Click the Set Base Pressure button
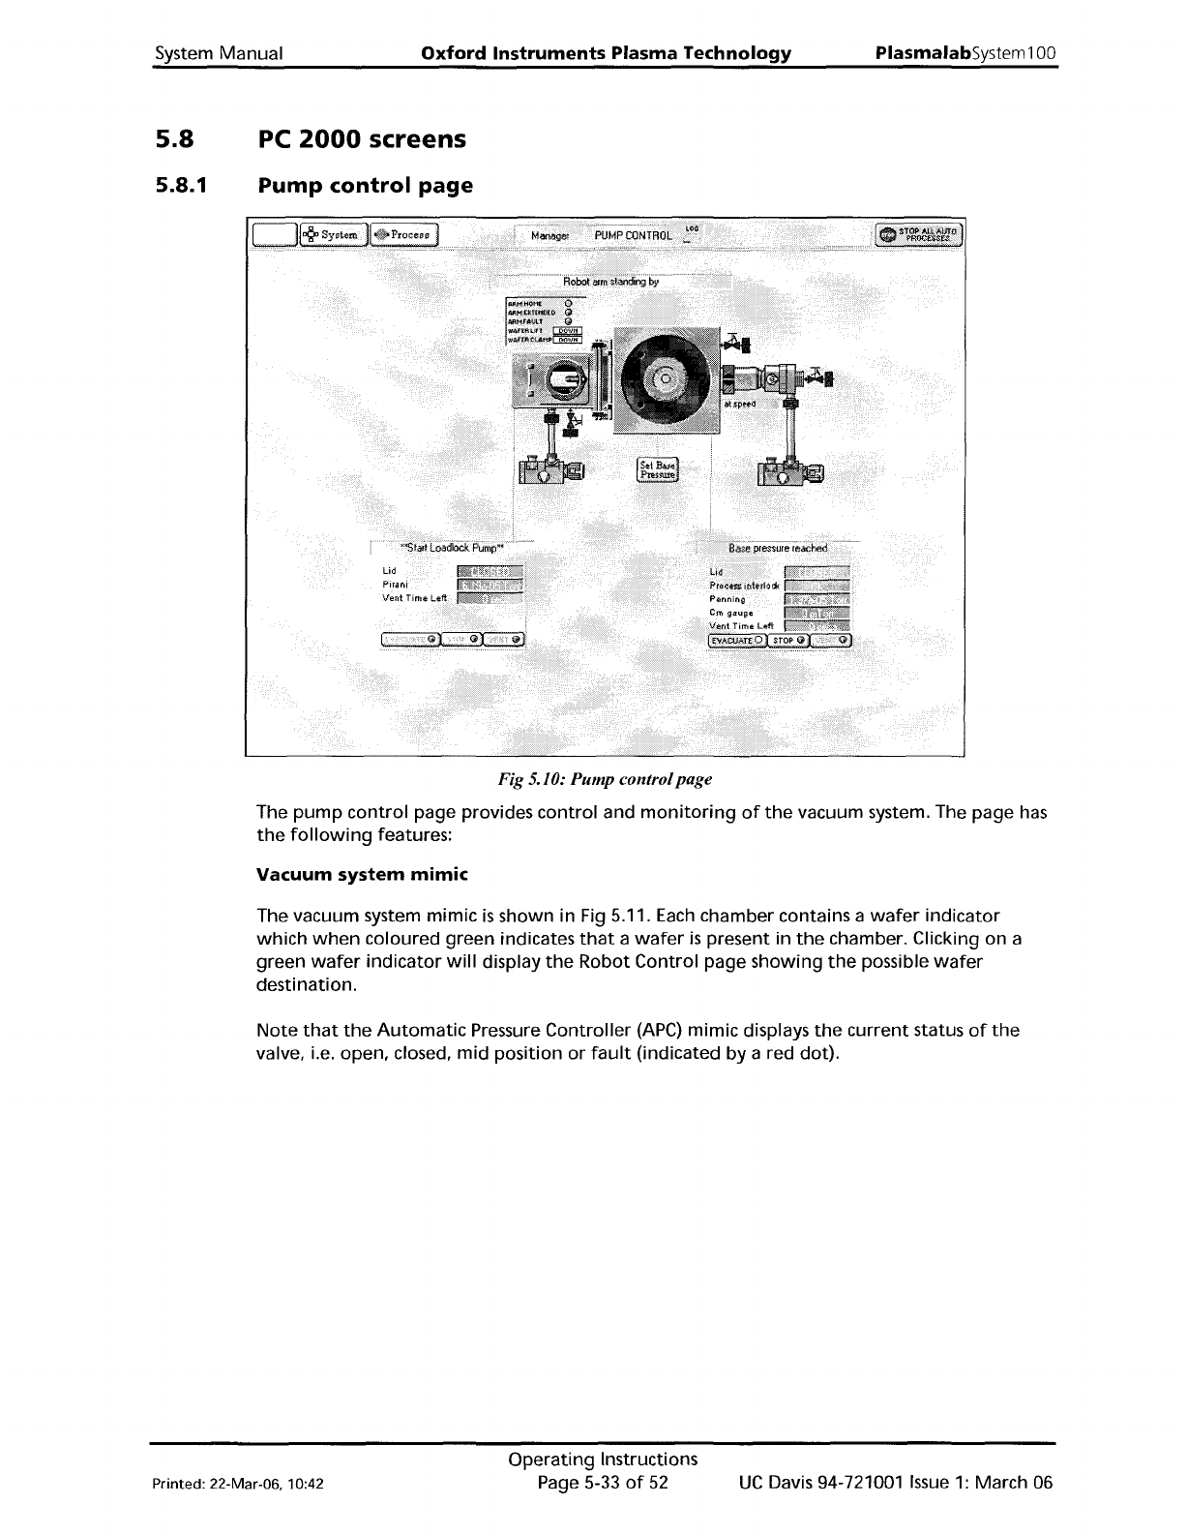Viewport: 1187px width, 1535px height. [657, 468]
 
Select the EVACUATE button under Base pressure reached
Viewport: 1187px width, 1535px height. [737, 640]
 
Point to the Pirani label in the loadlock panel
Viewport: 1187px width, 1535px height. [395, 585]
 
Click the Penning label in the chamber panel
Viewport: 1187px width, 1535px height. [727, 599]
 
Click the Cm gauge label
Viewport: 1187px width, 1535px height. [731, 613]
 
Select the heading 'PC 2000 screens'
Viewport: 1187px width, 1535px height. [361, 139]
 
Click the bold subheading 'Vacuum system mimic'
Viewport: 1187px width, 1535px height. [362, 875]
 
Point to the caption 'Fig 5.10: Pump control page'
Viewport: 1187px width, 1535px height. [605, 779]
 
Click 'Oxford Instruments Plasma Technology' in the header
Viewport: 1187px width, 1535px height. [607, 53]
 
